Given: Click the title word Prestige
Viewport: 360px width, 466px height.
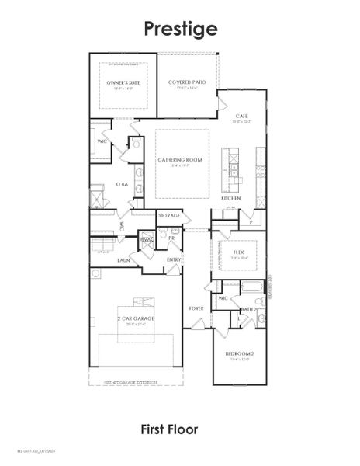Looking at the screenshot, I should [x=180, y=29].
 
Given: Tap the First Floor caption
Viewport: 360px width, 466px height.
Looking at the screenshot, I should [x=169, y=429].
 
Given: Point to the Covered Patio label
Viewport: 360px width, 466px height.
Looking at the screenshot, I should [x=187, y=82].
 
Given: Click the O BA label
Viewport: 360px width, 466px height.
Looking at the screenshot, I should [x=122, y=184].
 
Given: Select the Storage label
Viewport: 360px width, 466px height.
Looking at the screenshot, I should [x=168, y=214].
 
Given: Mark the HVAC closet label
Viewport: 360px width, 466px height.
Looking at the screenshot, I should [x=147, y=242].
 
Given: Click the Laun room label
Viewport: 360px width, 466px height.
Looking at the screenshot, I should [x=123, y=260].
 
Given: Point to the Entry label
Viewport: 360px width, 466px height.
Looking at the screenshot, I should [x=174, y=259].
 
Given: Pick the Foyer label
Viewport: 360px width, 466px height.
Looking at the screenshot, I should [x=196, y=308].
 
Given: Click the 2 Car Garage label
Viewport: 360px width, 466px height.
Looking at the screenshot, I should [x=136, y=319].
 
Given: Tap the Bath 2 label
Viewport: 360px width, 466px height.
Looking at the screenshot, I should [x=248, y=309].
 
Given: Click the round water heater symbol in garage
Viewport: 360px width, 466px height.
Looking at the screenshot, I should [x=95, y=273].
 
